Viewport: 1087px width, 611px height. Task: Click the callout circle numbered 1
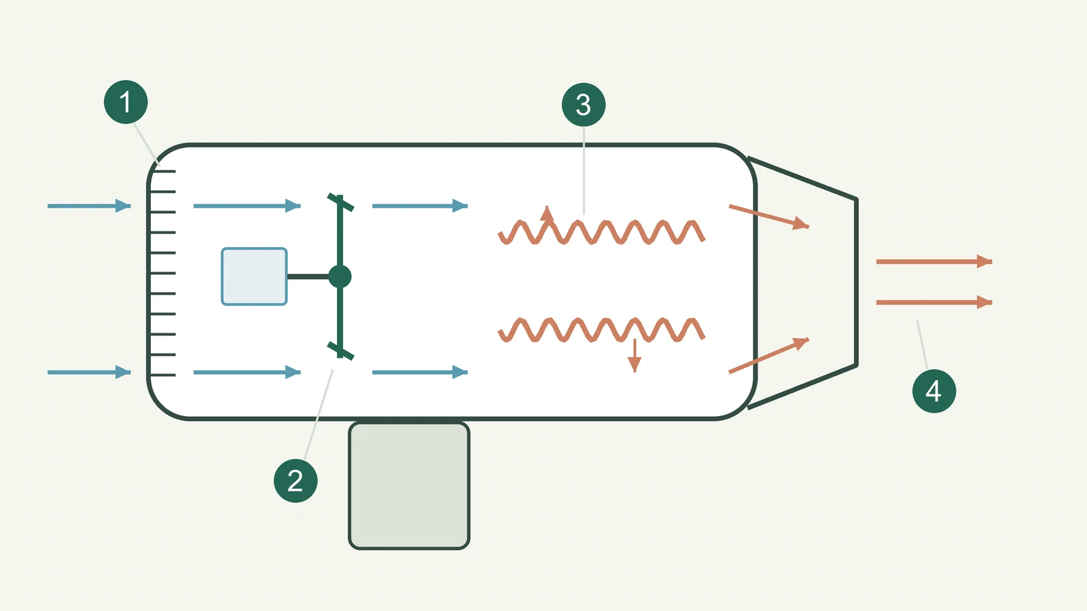click(126, 102)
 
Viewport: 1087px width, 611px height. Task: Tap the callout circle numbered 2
click(296, 481)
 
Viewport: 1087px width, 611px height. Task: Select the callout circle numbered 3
click(584, 105)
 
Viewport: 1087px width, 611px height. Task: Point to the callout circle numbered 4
click(934, 391)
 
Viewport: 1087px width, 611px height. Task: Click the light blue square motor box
click(254, 276)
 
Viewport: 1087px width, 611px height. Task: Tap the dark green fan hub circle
click(340, 276)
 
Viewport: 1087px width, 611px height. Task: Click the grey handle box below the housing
click(409, 485)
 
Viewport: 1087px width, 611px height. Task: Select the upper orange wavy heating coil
click(602, 232)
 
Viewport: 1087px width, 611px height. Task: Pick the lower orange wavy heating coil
click(602, 330)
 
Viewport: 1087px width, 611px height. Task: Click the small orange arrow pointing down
click(635, 356)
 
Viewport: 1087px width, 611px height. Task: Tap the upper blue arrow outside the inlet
click(89, 206)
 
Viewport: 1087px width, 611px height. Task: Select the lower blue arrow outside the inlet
click(89, 373)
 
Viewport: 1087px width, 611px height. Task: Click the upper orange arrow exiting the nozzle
click(934, 261)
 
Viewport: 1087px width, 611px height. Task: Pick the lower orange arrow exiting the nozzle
click(934, 302)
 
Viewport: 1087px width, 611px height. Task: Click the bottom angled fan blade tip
click(340, 351)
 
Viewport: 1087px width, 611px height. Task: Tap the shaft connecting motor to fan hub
click(308, 276)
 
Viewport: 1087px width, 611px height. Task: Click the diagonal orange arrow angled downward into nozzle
click(769, 217)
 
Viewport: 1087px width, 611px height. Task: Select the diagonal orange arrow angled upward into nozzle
click(769, 356)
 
